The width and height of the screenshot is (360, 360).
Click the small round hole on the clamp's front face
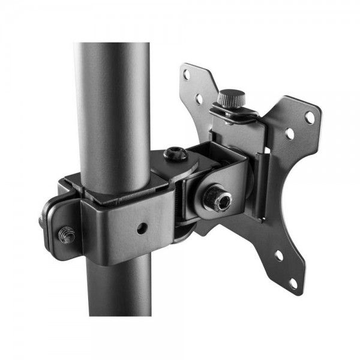point(141,227)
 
